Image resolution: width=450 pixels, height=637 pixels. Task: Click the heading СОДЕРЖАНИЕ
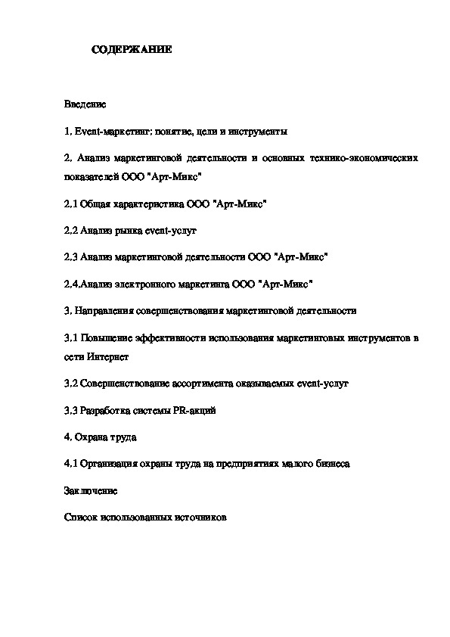(132, 50)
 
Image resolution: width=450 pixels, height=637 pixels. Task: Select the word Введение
(85, 103)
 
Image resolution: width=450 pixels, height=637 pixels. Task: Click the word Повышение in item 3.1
(106, 337)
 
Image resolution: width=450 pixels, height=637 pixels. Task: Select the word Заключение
(91, 490)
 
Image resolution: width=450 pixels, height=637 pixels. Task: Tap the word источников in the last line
(200, 517)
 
